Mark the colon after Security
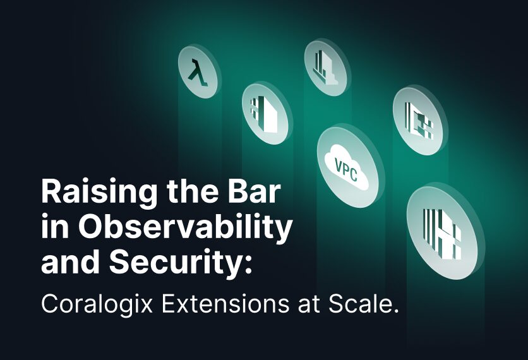(248, 265)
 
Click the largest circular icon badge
(442, 232)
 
